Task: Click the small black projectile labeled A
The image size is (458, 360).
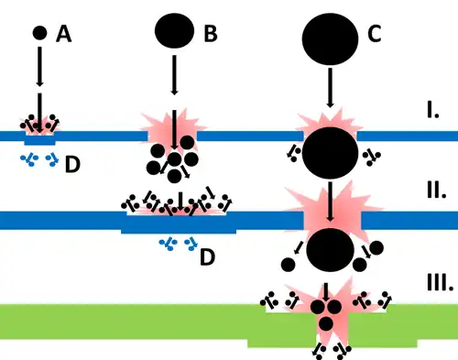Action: (x=38, y=33)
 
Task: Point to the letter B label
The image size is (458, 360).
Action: (x=210, y=35)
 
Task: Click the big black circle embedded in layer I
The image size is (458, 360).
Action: (x=331, y=150)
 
